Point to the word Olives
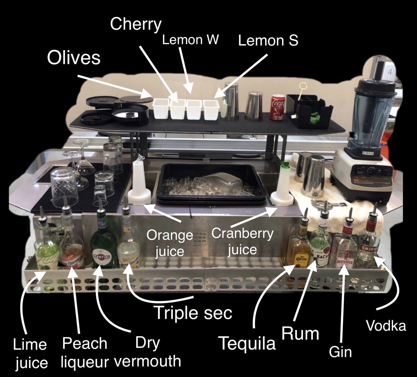tap(74, 58)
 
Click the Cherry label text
tap(136, 24)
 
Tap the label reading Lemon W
tap(191, 40)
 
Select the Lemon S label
tap(268, 41)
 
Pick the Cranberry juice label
tap(242, 241)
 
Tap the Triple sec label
tap(193, 313)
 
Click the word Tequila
tap(247, 343)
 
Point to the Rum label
tap(300, 334)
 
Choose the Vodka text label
tap(386, 326)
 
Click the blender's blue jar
tap(375, 115)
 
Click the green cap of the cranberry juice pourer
tap(285, 165)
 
